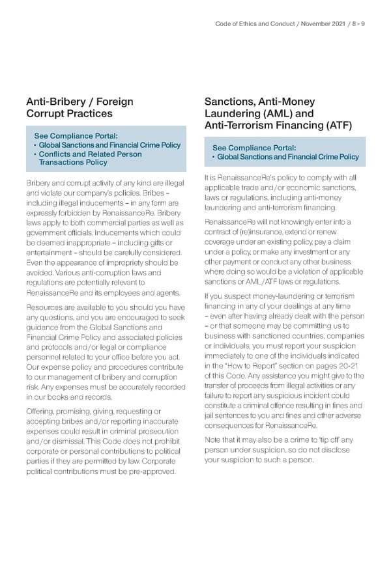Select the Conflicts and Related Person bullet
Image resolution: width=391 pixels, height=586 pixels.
[x=90, y=154]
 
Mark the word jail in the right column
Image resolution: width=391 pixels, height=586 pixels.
[x=211, y=415]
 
